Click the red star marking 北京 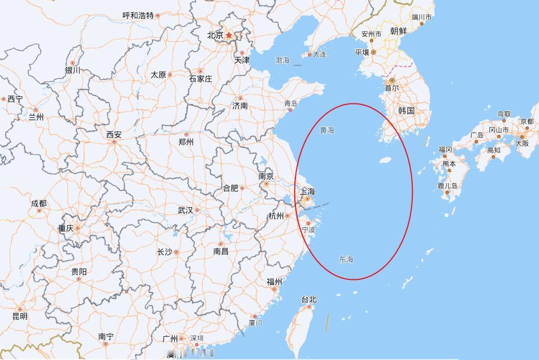[x=229, y=35]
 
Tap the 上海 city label [x=308, y=191]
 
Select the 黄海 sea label [x=327, y=130]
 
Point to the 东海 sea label [x=346, y=260]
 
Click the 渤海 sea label [x=282, y=60]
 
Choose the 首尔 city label [x=391, y=88]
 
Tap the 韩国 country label [x=406, y=111]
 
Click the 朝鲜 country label [x=399, y=32]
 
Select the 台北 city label [x=309, y=300]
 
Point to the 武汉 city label [x=185, y=210]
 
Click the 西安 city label [x=114, y=135]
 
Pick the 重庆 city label [x=65, y=229]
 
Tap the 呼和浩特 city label [x=138, y=16]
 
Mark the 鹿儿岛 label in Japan [x=447, y=186]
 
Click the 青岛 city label [x=291, y=103]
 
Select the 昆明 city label [x=20, y=317]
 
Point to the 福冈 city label [x=445, y=150]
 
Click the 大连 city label [x=319, y=54]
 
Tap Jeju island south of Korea [x=386, y=159]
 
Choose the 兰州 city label [x=36, y=117]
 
